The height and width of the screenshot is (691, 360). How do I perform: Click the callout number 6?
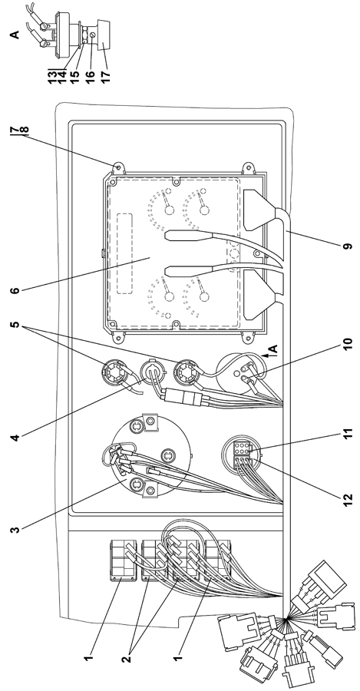15,291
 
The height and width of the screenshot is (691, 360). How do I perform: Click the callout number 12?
348,498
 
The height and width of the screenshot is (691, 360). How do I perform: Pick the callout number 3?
15,528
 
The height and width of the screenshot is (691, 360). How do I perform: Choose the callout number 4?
15,438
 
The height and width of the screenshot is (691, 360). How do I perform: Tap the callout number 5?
15,326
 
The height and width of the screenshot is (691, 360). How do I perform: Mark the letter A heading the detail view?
15,34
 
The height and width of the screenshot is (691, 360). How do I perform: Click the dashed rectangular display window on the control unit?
124,254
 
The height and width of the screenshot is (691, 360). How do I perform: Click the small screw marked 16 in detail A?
92,35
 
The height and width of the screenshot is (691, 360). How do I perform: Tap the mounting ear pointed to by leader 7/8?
117,168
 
